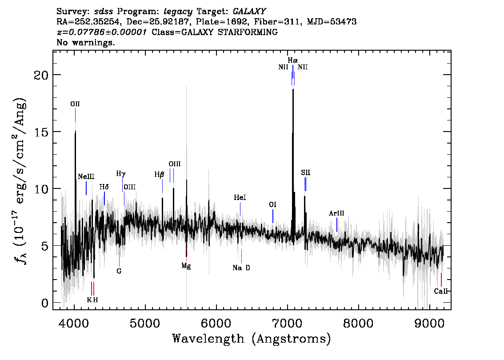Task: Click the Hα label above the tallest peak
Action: [x=292, y=60]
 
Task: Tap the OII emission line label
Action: [x=75, y=104]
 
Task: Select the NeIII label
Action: [x=86, y=176]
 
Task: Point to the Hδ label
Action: [x=104, y=187]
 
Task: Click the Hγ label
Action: [x=121, y=174]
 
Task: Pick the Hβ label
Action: [x=159, y=175]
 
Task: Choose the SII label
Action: [x=306, y=172]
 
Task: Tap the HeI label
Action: [x=240, y=197]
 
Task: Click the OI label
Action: [x=272, y=205]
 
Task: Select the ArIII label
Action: [x=336, y=213]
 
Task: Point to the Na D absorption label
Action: [x=241, y=268]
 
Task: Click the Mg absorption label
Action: [x=186, y=266]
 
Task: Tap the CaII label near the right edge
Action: [x=441, y=291]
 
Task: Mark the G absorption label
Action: [x=119, y=271]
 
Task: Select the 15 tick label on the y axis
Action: [x=41, y=132]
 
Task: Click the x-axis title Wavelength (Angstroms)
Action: [x=252, y=339]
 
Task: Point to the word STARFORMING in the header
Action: [x=248, y=32]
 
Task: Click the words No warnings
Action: [x=85, y=42]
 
